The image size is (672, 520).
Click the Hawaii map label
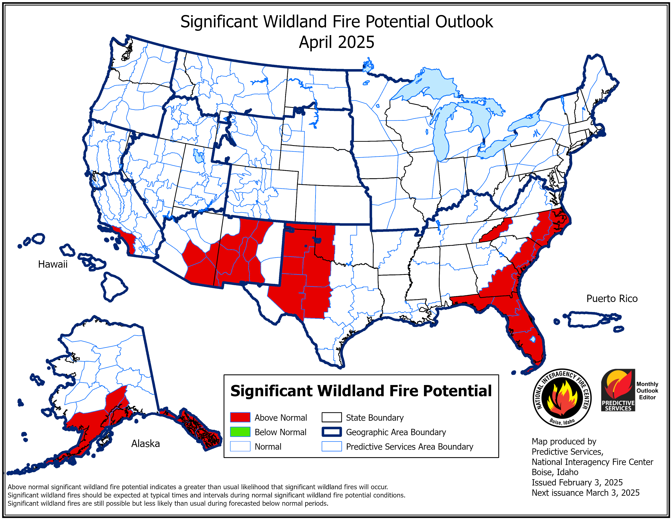point(53,264)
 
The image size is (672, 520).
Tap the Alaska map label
point(146,444)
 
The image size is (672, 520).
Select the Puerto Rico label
point(612,299)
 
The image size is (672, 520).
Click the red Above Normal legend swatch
point(240,417)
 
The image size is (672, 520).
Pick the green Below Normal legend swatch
point(240,432)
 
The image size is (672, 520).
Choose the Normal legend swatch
point(240,446)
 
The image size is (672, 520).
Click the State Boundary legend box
point(331,417)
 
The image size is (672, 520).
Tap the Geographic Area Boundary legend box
point(331,432)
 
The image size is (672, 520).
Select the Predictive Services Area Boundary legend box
point(331,446)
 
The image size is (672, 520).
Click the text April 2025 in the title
point(336,42)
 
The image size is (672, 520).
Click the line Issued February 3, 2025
point(577,482)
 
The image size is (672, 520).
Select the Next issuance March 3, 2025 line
point(585,493)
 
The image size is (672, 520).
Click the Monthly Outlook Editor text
point(647,391)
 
